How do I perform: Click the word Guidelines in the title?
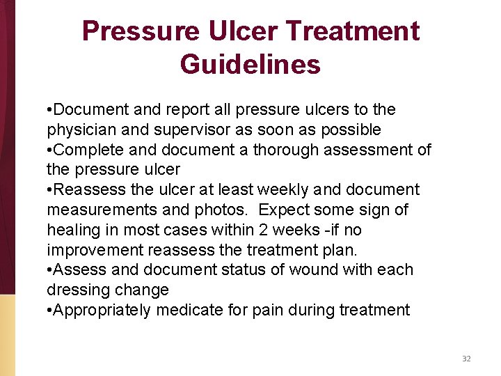click(x=250, y=64)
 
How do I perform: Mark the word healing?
click(x=72, y=230)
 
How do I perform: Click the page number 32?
click(x=466, y=359)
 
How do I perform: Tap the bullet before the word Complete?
click(x=49, y=150)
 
